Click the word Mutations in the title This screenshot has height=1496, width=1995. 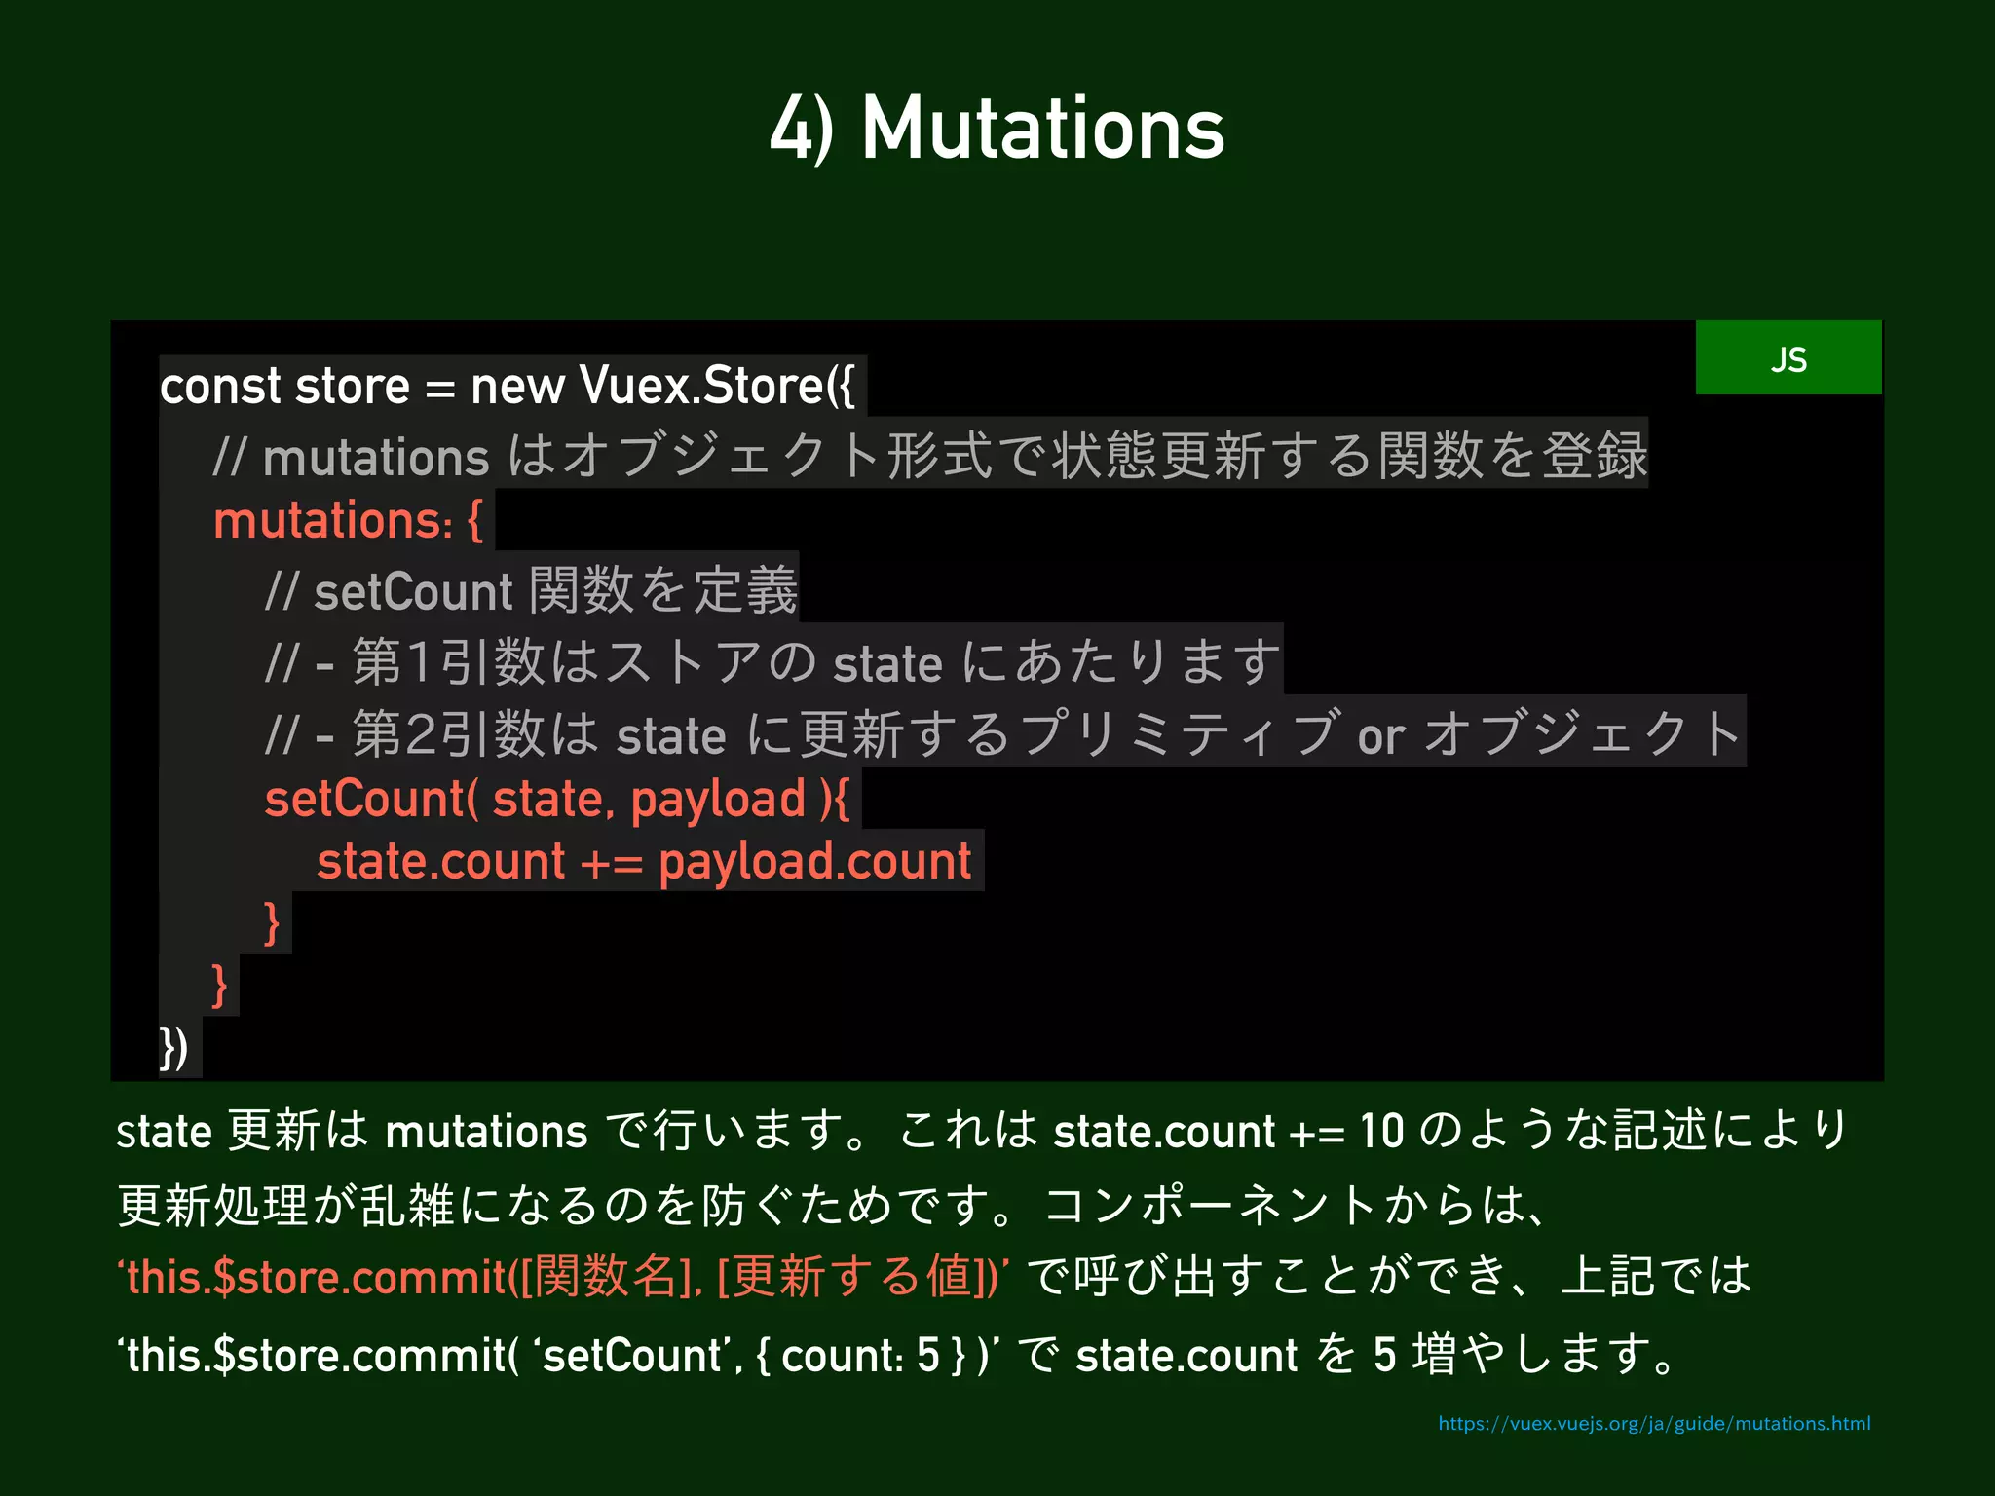(1042, 129)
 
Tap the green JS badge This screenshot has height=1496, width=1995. (1788, 358)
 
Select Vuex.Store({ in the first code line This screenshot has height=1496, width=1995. (716, 386)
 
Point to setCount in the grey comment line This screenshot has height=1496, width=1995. (412, 592)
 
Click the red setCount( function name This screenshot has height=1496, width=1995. (370, 799)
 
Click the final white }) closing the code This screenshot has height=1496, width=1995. (173, 1048)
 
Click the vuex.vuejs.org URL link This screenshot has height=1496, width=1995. (1653, 1424)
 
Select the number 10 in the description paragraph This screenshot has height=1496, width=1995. (1381, 1132)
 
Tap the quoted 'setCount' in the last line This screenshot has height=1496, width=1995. (632, 1356)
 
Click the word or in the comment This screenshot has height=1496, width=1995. (1380, 736)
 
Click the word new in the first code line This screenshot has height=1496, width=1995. (516, 386)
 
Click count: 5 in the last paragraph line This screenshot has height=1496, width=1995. (859, 1356)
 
